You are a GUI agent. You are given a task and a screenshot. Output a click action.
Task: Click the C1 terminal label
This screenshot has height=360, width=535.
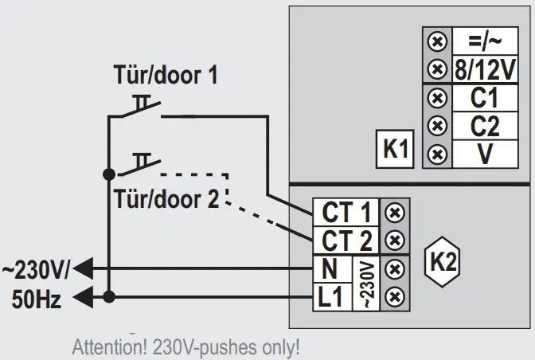click(x=484, y=98)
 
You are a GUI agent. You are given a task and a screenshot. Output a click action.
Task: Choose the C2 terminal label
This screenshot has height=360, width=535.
click(x=484, y=125)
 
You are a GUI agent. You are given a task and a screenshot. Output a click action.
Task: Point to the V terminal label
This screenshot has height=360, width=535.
click(x=484, y=153)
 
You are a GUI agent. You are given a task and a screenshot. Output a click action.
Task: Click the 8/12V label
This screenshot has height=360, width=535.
click(x=484, y=68)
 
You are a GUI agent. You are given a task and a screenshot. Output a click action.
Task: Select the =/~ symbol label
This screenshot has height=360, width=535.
click(x=484, y=40)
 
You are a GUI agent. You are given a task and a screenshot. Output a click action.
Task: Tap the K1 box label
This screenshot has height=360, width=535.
click(x=396, y=150)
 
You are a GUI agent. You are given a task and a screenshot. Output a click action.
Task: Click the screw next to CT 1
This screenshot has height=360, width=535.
click(x=392, y=213)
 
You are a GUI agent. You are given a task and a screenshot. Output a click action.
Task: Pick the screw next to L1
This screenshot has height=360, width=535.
click(x=392, y=297)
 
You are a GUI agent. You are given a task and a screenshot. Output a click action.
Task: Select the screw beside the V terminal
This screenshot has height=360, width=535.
click(x=435, y=154)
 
